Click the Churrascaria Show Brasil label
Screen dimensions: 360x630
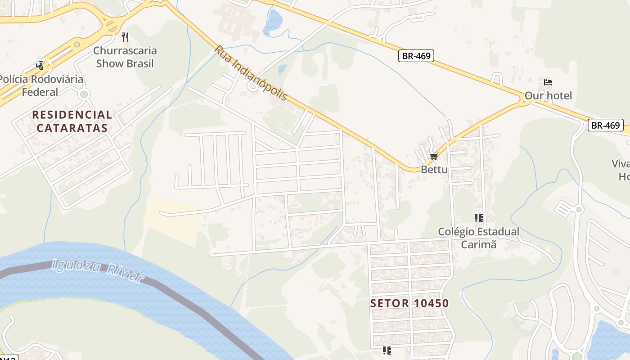(x=125, y=57)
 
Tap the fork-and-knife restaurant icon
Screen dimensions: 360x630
(x=125, y=37)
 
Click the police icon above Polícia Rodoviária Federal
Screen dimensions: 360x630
(x=40, y=66)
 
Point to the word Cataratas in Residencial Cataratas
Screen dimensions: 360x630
(x=72, y=128)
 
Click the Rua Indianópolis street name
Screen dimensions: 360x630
(x=251, y=72)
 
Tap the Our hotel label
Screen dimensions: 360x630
(x=548, y=95)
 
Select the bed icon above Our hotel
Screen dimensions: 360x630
(x=548, y=82)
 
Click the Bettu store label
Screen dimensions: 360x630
(x=434, y=170)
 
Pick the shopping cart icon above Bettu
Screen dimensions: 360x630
(x=434, y=157)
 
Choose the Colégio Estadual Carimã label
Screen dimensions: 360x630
(x=479, y=238)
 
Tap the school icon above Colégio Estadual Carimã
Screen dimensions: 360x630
(x=479, y=218)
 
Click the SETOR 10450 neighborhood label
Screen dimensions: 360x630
(x=409, y=303)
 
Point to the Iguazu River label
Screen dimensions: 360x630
(x=98, y=270)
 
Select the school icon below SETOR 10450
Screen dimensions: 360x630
(x=387, y=350)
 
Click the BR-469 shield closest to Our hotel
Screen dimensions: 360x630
(x=605, y=126)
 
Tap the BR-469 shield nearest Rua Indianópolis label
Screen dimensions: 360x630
(x=416, y=56)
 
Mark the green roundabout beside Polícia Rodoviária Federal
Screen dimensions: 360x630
(x=83, y=94)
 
